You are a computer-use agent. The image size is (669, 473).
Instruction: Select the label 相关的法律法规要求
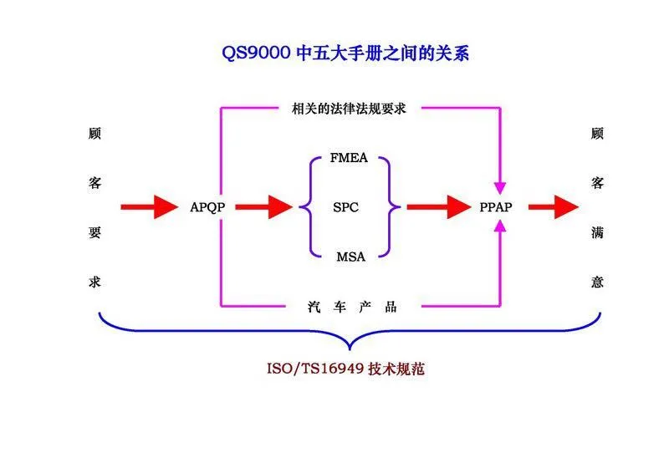349,108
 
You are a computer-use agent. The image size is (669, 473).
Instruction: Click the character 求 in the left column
95,282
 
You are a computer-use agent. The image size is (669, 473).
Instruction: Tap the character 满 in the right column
596,232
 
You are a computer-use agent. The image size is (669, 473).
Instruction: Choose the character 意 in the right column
596,282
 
